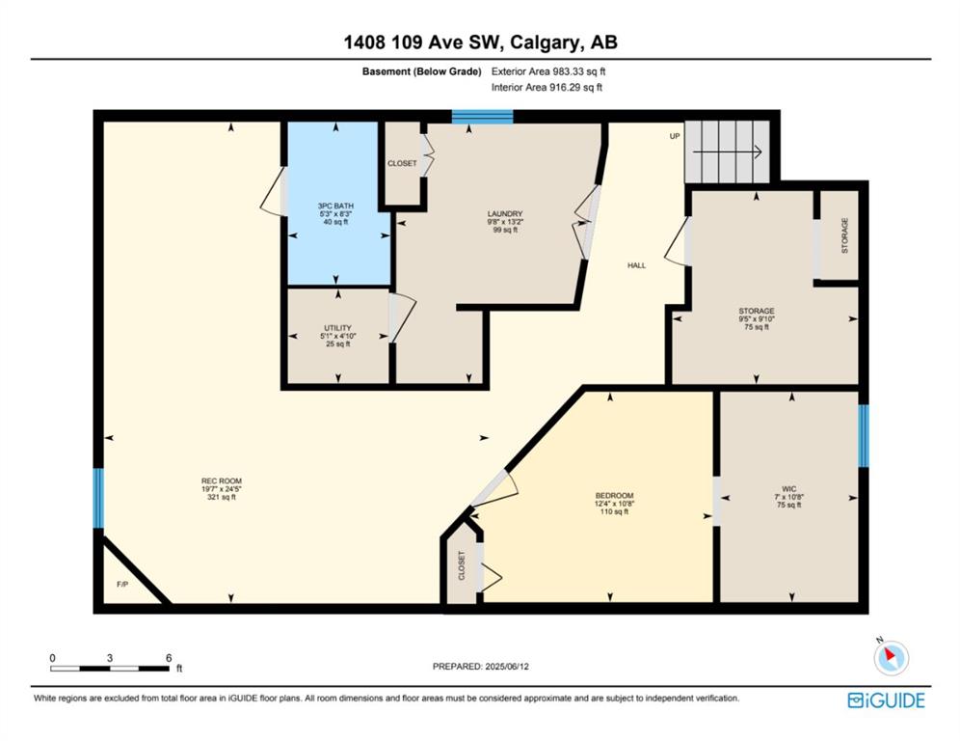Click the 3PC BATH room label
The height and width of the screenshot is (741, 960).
tap(335, 206)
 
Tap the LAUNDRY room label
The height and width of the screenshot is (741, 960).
tap(505, 214)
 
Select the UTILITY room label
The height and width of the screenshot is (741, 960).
tap(338, 328)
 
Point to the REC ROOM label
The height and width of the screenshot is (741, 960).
tap(222, 481)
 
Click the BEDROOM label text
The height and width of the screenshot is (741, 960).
tap(614, 496)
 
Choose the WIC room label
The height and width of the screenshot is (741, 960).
tap(789, 489)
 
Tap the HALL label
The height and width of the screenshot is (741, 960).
tap(637, 265)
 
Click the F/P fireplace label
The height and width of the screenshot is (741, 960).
tap(122, 584)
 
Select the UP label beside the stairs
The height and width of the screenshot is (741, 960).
tap(675, 136)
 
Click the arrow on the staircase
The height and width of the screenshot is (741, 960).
tap(727, 151)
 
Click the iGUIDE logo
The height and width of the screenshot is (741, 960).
tap(886, 700)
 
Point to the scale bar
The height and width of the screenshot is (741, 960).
tap(110, 668)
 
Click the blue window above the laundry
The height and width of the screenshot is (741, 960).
tap(483, 117)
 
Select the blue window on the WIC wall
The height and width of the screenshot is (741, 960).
tap(863, 436)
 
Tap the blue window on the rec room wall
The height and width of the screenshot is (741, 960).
tap(98, 498)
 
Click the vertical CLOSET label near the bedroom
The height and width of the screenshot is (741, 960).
tap(462, 565)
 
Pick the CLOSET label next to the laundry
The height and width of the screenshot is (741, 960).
tap(402, 164)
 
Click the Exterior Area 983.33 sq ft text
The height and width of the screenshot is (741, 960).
tap(548, 71)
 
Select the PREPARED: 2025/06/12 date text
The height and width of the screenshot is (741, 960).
tap(481, 667)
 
